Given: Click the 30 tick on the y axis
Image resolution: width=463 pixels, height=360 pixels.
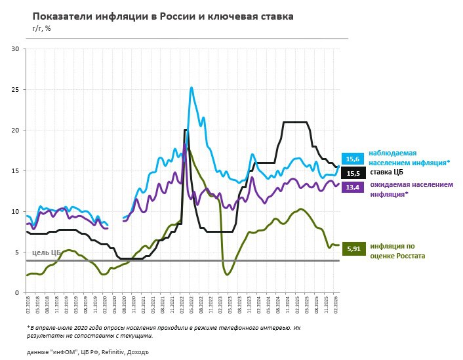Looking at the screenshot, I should pos(16,49).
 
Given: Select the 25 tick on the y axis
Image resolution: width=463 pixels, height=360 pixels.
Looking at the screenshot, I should pos(16,89).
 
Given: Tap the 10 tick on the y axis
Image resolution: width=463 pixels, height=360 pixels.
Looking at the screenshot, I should pos(16,211).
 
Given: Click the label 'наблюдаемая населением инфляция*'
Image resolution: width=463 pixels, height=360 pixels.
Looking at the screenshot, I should pos(408,157).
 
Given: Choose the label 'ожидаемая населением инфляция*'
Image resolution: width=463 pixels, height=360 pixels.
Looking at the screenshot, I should pos(411,189).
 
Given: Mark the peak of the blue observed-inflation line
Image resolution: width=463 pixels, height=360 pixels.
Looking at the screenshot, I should pos(191,87).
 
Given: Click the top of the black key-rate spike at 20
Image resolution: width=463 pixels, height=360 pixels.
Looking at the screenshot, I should pos(185,130).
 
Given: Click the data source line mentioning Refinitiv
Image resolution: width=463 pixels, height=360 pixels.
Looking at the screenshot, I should pos(88,352).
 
